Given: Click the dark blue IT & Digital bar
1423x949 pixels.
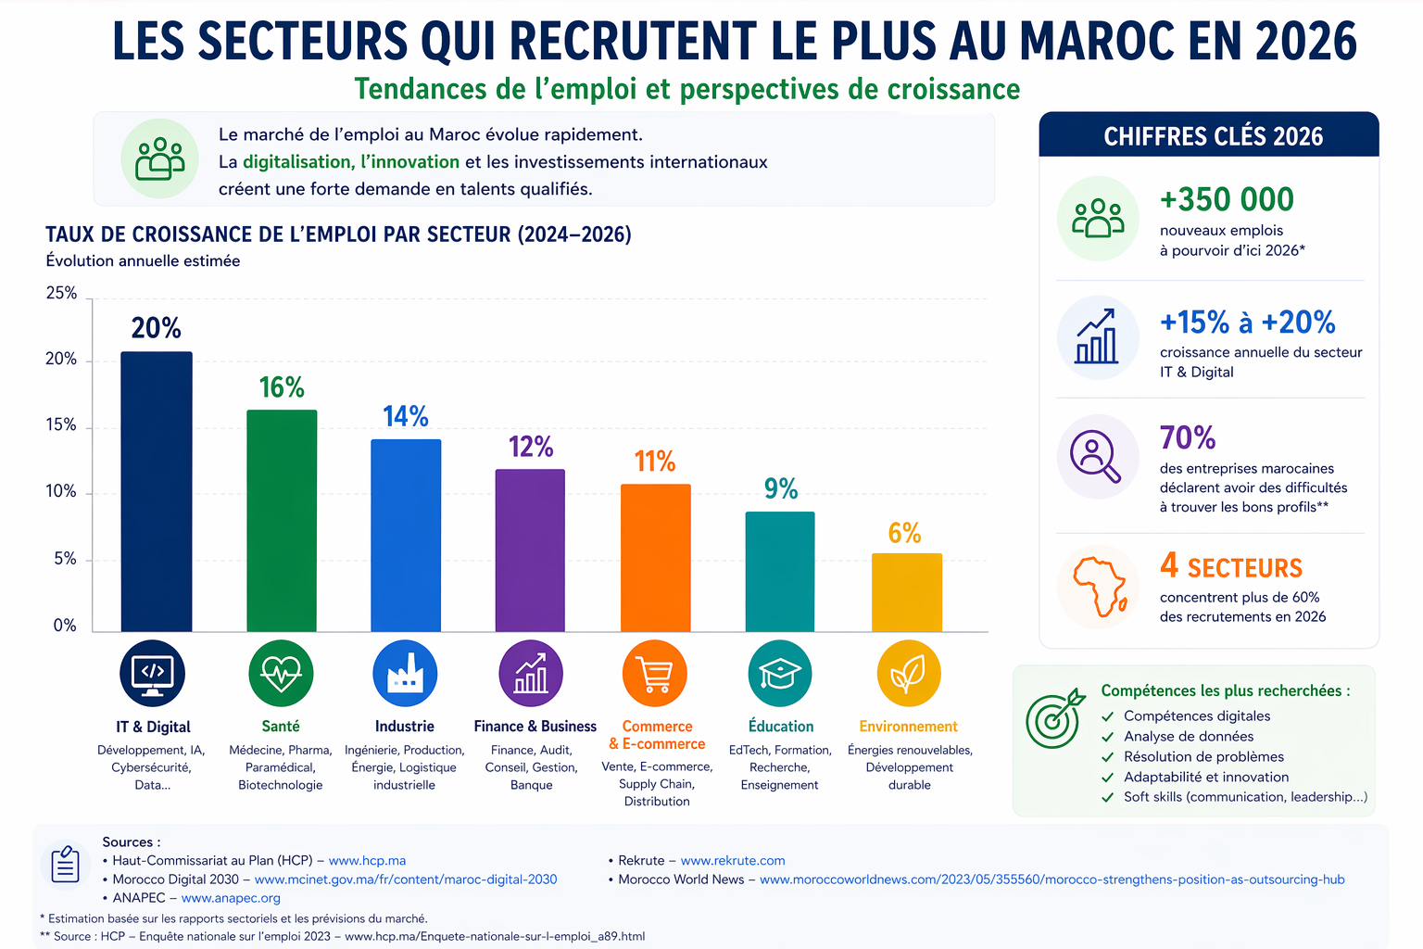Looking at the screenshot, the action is coord(157,491).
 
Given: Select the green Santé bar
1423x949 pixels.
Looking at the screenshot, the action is coord(282,521).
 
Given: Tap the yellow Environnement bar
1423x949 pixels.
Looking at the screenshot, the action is coord(907,592).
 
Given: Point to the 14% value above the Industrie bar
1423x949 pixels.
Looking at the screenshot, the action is coord(405,417).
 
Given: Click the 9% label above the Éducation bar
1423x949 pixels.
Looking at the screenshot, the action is coord(781,488).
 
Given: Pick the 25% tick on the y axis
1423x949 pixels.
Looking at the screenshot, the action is coord(61,293).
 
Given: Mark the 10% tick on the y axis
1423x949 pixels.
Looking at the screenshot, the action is coord(61,491).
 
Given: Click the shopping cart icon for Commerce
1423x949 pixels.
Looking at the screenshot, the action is coord(655,674).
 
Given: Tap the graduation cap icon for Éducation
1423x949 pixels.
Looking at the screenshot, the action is coord(780,674).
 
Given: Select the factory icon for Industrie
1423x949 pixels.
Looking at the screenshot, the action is coord(405,674).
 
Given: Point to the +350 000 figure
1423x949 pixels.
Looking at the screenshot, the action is coord(1227,199).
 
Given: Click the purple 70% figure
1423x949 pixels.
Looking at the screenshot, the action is coord(1188,437).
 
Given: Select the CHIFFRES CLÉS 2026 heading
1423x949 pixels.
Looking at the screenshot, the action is coord(1213,136).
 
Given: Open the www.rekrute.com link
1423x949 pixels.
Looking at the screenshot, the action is coord(733,861).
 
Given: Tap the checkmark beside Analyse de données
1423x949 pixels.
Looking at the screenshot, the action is coord(1108,738).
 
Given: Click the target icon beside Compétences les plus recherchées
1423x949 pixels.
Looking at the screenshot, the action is coord(1054,718).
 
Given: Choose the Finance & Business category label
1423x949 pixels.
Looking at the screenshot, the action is coord(535,727).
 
